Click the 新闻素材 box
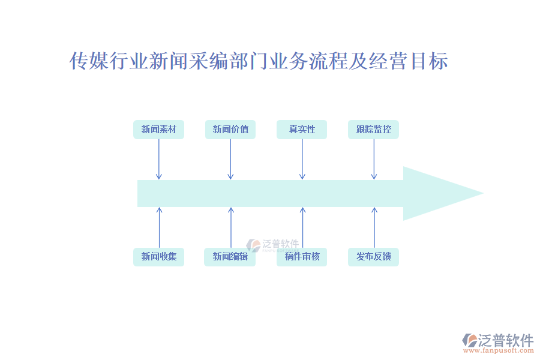click(158, 130)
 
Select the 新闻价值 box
click(230, 130)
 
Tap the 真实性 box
click(302, 130)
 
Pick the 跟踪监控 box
click(373, 130)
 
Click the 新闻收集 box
click(158, 257)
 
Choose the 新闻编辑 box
click(230, 257)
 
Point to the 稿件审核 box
click(302, 257)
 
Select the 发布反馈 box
click(373, 257)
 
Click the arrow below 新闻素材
click(158, 159)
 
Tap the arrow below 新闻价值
click(230, 159)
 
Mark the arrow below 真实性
click(302, 159)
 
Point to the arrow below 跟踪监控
click(374, 159)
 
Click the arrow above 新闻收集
click(159, 227)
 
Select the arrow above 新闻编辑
click(231, 227)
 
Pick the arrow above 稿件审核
click(303, 227)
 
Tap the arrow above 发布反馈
click(374, 227)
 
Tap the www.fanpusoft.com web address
click(502, 352)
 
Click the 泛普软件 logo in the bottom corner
click(499, 340)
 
